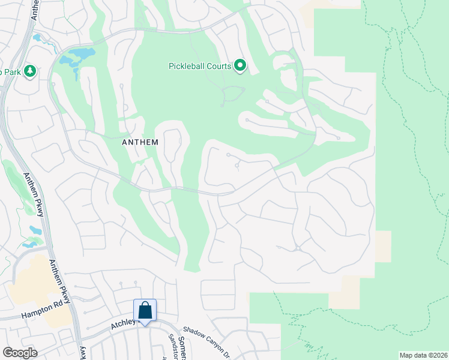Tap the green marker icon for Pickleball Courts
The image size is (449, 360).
tap(240, 65)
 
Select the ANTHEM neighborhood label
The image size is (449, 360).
tap(140, 142)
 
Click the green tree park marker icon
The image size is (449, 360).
tap(29, 71)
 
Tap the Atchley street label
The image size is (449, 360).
tap(122, 325)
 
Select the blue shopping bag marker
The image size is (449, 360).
tap(145, 311)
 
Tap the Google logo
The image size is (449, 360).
tap(20, 353)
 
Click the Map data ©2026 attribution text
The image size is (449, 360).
tap(422, 355)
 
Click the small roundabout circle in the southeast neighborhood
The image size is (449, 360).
tap(298, 248)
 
